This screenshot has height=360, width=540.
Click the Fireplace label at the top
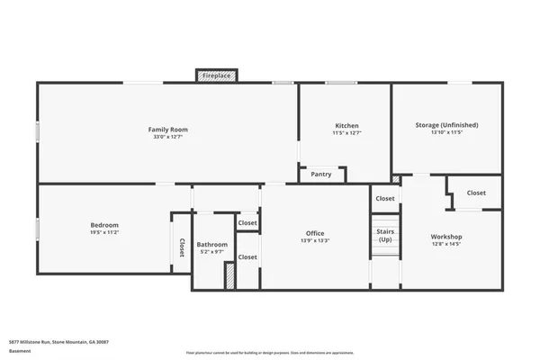click(216, 76)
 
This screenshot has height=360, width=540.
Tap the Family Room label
click(167, 130)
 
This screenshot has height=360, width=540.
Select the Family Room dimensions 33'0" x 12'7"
click(167, 138)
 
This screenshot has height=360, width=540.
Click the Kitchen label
click(346, 125)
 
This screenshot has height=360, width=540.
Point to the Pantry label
click(321, 174)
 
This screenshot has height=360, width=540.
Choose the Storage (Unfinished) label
click(446, 125)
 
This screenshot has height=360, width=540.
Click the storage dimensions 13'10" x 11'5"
click(446, 133)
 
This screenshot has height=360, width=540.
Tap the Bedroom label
click(104, 224)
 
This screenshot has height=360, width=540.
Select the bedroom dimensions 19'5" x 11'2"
click(104, 232)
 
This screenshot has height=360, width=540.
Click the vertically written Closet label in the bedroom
click(182, 247)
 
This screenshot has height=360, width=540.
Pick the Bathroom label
click(212, 244)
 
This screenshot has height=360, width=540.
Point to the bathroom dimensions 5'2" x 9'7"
click(212, 252)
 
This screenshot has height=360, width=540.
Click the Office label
click(315, 233)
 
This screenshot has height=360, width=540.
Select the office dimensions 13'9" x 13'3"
click(315, 241)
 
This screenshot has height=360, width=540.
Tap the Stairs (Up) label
click(384, 235)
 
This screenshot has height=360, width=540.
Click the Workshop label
click(446, 236)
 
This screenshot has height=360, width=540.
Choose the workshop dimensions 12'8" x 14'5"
click(446, 244)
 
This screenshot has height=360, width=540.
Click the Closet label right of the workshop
click(476, 193)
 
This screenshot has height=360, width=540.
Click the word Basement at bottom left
click(18, 352)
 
